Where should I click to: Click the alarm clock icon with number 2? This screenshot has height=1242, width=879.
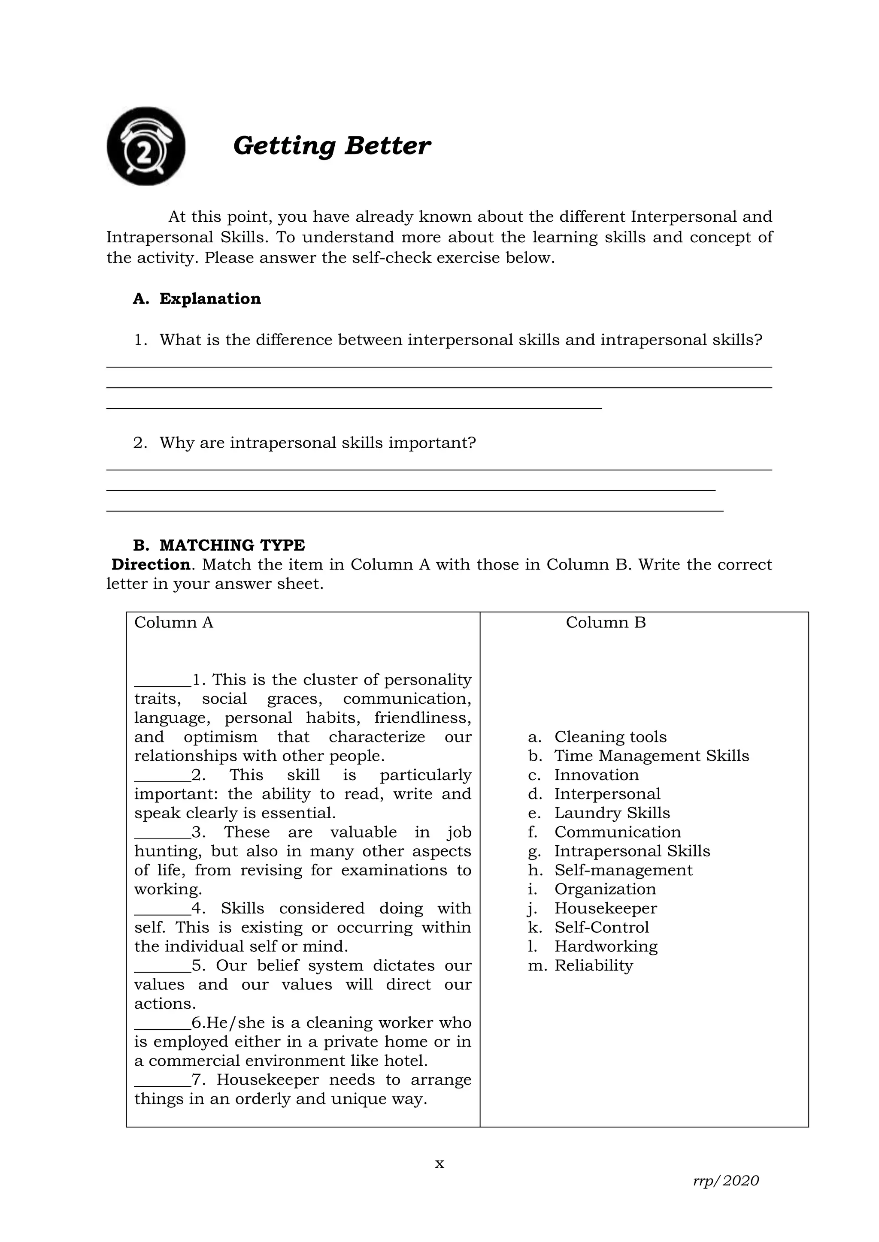[145, 146]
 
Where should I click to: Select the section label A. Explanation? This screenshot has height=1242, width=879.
[197, 298]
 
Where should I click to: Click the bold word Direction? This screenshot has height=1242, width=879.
[151, 564]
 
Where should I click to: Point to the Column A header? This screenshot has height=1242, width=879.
[174, 622]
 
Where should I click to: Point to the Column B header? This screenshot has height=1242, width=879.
[606, 622]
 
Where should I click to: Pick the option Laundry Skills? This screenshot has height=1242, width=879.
[612, 813]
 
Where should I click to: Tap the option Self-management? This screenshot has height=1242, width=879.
[623, 870]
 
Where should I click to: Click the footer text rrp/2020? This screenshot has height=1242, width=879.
[726, 1180]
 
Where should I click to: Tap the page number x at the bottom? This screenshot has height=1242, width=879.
[439, 1164]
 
